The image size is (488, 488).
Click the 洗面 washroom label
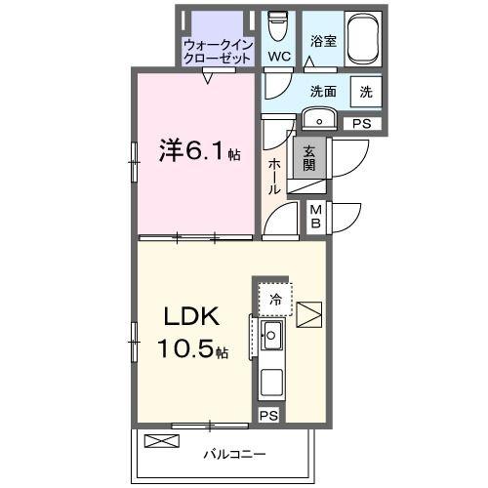coord(323,91)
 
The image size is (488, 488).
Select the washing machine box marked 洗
coord(365,92)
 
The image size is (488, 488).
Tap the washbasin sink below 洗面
coord(320,119)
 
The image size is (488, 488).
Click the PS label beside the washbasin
coord(361,123)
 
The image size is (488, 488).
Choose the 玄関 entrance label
coord(307,158)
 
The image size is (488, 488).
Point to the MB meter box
coord(316,216)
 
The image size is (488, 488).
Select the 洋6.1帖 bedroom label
coord(199,152)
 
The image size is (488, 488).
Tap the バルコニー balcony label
coord(235,454)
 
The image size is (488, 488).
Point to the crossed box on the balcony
coord(163,441)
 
